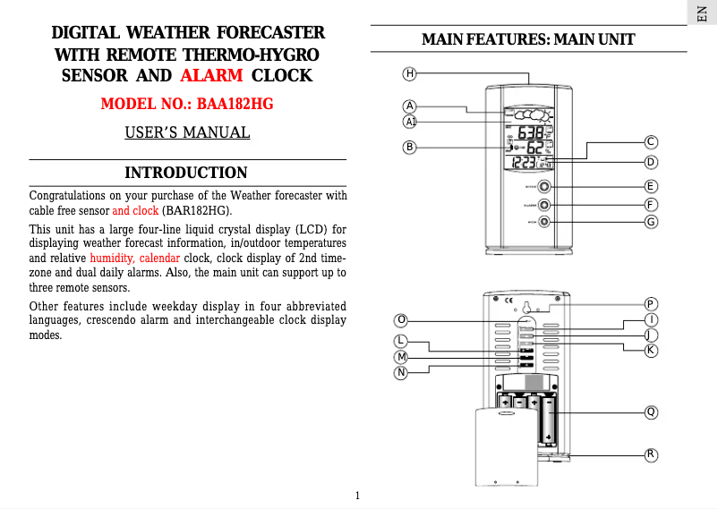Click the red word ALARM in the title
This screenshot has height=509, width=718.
tap(211, 75)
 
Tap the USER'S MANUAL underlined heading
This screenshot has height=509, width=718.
tap(187, 133)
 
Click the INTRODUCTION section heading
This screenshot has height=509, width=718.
tap(185, 173)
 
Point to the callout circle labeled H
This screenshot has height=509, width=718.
tap(409, 73)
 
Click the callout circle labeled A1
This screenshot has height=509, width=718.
tap(409, 121)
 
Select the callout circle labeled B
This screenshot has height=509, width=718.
tap(409, 146)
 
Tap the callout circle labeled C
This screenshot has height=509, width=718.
tap(652, 141)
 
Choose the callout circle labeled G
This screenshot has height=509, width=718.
tap(652, 222)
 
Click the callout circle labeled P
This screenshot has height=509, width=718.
tap(652, 304)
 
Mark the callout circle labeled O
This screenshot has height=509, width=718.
tap(402, 319)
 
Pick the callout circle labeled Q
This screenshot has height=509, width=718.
tap(652, 412)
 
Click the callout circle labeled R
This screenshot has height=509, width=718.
tap(652, 454)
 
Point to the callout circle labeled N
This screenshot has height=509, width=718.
tap(402, 371)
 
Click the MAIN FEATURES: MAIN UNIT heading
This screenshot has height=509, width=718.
tap(528, 40)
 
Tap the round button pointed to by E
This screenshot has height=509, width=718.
tap(544, 187)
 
